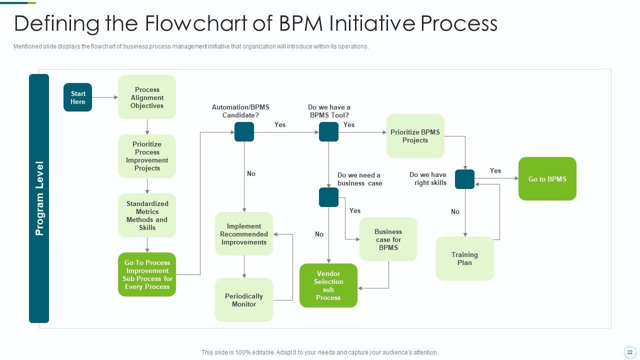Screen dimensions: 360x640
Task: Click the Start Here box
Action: pos(77,97)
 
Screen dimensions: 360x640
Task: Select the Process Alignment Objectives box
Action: pos(147,97)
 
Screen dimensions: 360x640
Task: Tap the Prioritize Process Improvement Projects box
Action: pos(147,156)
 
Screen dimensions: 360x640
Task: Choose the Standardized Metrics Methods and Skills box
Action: pos(147,215)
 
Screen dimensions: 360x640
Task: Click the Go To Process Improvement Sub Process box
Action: pos(147,274)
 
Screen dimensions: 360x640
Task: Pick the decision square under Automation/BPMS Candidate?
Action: pos(244,132)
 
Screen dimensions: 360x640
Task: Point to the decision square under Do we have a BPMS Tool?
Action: pos(328,132)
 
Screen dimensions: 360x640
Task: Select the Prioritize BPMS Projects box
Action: pos(415,136)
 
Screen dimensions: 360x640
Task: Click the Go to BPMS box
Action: pos(547,179)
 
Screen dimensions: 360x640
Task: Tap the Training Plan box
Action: pos(464,258)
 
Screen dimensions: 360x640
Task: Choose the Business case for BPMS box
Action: pos(388,239)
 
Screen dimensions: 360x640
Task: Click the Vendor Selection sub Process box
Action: pos(328,285)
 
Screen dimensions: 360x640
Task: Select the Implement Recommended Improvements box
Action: pos(244,234)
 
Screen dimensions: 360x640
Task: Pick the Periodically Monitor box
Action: pos(244,300)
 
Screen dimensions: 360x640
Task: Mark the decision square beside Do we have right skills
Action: pos(464,179)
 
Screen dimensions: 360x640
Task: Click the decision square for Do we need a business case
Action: pos(328,197)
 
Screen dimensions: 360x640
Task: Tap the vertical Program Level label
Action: pos(39,198)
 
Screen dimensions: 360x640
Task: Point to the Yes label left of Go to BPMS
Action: pos(495,170)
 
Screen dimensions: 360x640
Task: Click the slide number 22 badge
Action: pos(629,352)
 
